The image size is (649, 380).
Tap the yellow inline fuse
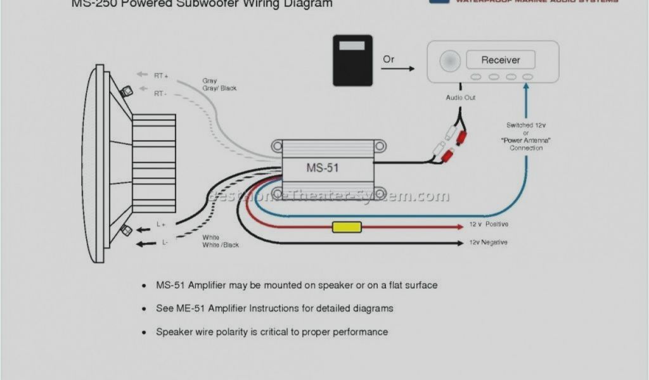pyautogui.click(x=347, y=227)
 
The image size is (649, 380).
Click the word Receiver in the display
pyautogui.click(x=501, y=60)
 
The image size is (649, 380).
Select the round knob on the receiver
pyautogui.click(x=450, y=61)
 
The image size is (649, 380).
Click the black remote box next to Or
pyautogui.click(x=352, y=60)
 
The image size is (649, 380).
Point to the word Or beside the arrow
pyautogui.click(x=388, y=60)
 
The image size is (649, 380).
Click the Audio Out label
pyautogui.click(x=461, y=98)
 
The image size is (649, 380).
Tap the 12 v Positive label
pyautogui.click(x=489, y=224)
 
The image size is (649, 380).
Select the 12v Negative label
pyautogui.click(x=488, y=243)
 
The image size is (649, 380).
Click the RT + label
pyautogui.click(x=161, y=75)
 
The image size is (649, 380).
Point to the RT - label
pyautogui.click(x=160, y=93)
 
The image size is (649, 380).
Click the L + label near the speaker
pyautogui.click(x=161, y=224)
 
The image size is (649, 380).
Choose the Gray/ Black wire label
pyautogui.click(x=219, y=88)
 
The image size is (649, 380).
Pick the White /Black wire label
pyautogui.click(x=221, y=245)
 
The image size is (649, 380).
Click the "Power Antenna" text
pyautogui.click(x=526, y=141)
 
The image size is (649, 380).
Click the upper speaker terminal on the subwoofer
pyautogui.click(x=126, y=91)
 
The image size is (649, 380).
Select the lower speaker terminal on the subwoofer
pyautogui.click(x=125, y=231)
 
